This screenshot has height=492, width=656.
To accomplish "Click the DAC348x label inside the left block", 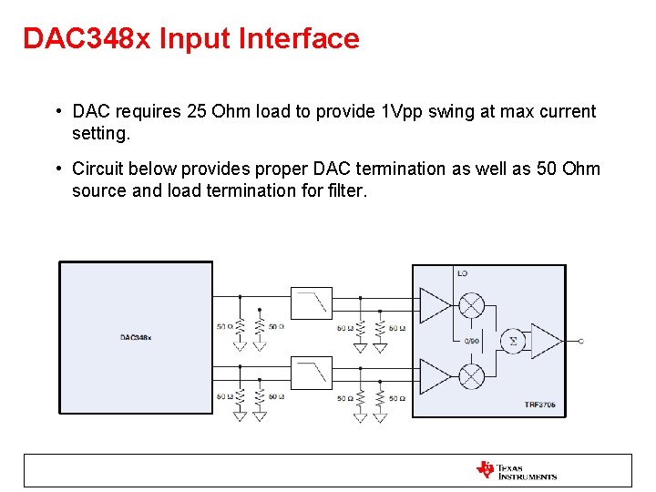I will (x=136, y=338).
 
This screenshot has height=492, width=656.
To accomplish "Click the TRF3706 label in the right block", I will (x=540, y=404).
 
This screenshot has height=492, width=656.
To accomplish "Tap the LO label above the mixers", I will (x=462, y=273).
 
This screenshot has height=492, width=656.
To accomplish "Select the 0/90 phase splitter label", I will (x=471, y=340).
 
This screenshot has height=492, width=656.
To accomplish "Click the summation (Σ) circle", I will (x=512, y=341).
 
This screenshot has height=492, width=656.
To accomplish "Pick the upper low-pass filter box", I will (x=312, y=302).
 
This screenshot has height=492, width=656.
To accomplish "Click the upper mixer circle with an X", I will (x=472, y=305).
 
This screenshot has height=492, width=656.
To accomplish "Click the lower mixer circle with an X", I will (x=472, y=375).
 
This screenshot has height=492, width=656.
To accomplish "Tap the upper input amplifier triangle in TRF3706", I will (x=432, y=305).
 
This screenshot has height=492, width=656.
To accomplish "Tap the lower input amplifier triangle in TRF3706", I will (x=432, y=375).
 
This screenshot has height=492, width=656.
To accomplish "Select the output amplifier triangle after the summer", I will (x=545, y=341).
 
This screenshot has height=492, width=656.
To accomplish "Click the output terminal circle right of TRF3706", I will (x=580, y=341).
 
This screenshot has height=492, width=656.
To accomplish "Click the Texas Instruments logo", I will (x=516, y=471).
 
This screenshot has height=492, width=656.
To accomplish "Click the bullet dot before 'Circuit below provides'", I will (x=57, y=169).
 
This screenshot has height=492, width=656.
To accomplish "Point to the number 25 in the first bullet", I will (x=196, y=112).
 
